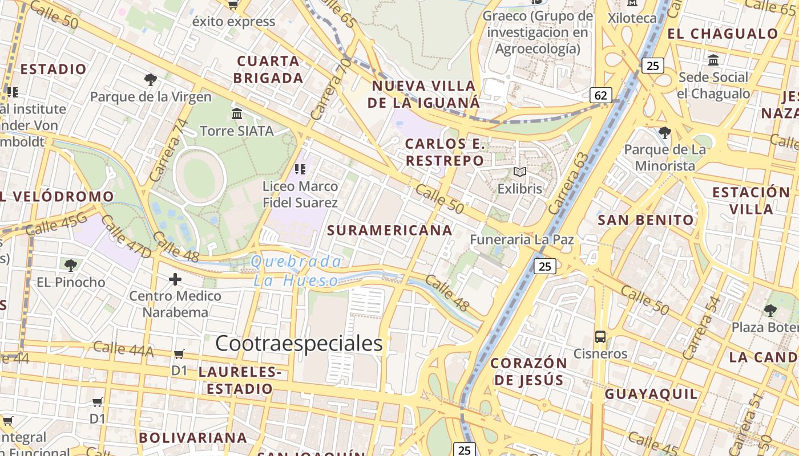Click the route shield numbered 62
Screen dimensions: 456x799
600,95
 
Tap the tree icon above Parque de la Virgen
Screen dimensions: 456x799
151,80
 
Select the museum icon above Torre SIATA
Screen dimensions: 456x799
237,114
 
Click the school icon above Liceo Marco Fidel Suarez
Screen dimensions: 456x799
300,169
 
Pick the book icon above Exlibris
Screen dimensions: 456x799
519,172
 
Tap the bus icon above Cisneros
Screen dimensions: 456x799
600,336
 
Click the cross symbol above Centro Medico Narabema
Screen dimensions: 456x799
175,279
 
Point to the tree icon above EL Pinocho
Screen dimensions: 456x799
71,265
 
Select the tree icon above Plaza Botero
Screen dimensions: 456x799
770,311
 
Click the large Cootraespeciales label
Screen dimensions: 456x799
299,343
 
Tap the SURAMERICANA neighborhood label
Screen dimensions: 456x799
390,230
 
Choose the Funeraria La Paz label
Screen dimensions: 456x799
522,239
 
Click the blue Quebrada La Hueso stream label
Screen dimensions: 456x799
296,271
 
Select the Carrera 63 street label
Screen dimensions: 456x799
568,184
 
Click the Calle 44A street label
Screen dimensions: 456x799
123,349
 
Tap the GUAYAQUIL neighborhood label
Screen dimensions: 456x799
651,394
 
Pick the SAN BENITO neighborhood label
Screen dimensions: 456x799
645,220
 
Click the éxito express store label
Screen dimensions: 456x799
233,22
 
